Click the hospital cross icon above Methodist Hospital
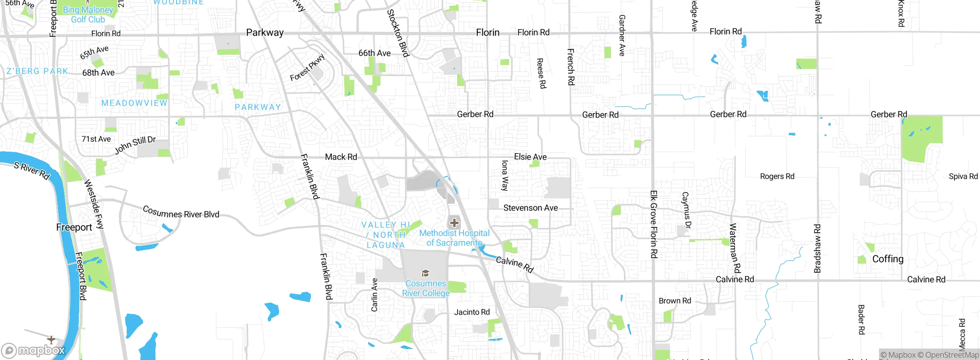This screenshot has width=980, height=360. coord(454,223)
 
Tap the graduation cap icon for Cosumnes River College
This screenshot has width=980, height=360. coord(425,273)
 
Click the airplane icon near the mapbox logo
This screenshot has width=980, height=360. coord(51,339)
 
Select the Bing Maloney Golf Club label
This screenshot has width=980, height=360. coord(88,15)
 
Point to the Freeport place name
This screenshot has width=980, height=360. coord(74,227)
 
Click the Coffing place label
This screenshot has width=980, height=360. coord(888,259)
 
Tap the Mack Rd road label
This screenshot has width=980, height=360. coord(341,157)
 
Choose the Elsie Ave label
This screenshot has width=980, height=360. coord(530,157)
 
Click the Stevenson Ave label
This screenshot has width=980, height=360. coord(530,208)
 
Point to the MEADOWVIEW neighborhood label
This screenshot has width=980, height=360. coord(134,103)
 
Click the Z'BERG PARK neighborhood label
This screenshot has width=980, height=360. coord(37,71)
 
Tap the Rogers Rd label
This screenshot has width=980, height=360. coord(777,176)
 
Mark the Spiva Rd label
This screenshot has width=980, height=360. coord(963,176)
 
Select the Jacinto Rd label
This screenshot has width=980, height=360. coord(472,312)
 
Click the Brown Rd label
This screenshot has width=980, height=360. coord(675,301)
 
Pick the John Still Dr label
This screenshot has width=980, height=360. coord(135,145)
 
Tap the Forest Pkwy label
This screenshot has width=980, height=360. coord(307,68)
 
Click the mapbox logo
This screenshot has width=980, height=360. coord(34,350)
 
